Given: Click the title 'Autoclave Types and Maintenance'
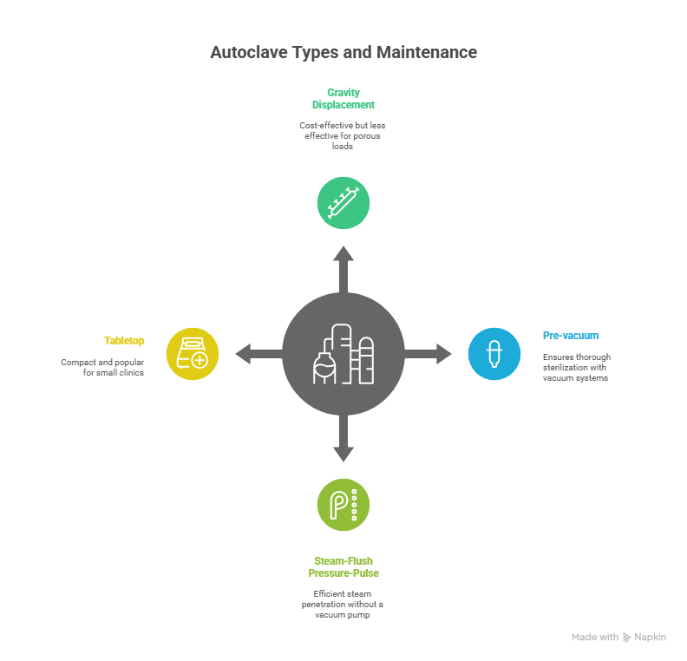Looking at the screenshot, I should tap(343, 52).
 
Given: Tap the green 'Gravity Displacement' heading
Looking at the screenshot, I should tap(343, 98).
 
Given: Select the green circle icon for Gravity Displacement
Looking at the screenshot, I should tap(343, 203).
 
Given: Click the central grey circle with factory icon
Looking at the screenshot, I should tap(343, 353).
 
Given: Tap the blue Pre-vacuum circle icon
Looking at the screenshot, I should tap(494, 353).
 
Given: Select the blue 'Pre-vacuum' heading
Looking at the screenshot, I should tap(571, 335).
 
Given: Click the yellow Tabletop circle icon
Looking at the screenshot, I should tap(192, 353).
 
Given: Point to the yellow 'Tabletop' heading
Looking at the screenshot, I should tap(125, 340).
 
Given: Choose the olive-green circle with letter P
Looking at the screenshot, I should tap(343, 503).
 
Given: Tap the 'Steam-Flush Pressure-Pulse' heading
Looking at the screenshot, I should tap(343, 566).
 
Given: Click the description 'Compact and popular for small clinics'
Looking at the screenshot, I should tap(102, 367).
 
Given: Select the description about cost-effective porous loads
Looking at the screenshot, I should tap(343, 135).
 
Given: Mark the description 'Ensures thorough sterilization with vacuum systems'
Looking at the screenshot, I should tap(577, 368).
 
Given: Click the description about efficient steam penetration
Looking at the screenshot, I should tap(343, 604).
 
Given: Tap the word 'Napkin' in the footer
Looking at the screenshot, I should tap(651, 637).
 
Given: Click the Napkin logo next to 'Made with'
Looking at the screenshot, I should tap(627, 637).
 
